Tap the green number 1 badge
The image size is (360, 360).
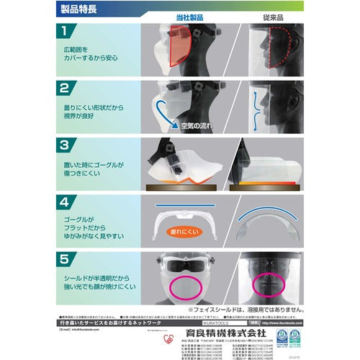[x=65, y=33]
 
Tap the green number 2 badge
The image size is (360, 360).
[x=65, y=89]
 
